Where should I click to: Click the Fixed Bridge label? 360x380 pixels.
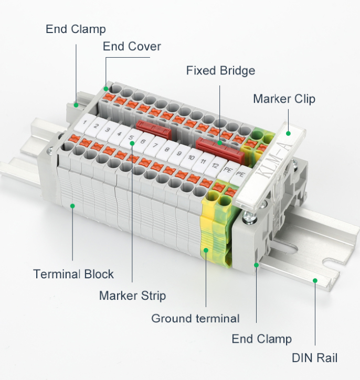coord(220,70)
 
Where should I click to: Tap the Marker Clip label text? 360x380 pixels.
coord(284,99)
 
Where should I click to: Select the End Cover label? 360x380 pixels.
coord(132,46)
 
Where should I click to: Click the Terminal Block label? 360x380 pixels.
coord(73,274)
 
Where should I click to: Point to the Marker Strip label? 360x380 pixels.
coord(132,296)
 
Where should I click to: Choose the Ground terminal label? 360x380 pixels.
coord(195,318)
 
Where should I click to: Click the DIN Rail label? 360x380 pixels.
coord(314,358)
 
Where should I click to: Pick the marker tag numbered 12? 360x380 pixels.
coord(215,166)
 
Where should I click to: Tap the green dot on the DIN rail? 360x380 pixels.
coord(315,280)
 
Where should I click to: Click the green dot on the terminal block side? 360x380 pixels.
coord(73,205)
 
